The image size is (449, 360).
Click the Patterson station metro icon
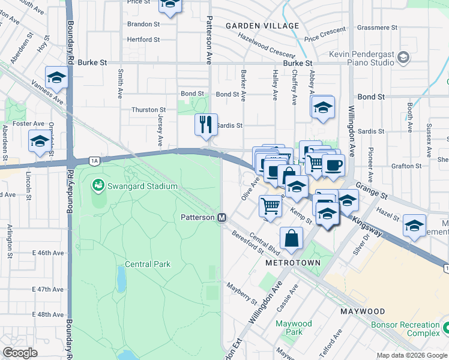click(221, 217)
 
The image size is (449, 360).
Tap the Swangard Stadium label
click(142, 186)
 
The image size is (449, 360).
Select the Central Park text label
click(148, 264)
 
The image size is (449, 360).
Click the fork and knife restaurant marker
click(206, 124)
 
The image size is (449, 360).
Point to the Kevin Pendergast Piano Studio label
click(362, 58)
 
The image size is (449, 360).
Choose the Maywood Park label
click(294, 328)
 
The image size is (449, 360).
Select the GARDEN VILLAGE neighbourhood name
click(262, 26)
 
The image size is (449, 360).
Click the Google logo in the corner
click(20, 353)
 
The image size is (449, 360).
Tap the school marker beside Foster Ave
click(40, 142)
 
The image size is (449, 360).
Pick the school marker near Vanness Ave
click(56, 77)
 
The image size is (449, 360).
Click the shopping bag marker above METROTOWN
click(291, 238)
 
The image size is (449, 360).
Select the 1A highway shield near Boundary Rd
click(94, 160)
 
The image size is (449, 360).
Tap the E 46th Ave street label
click(50, 253)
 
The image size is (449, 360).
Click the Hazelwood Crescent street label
click(266, 45)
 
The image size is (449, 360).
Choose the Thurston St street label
click(149, 110)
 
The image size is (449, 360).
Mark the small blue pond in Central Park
click(122, 277)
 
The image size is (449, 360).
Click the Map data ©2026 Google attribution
click(411, 355)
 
